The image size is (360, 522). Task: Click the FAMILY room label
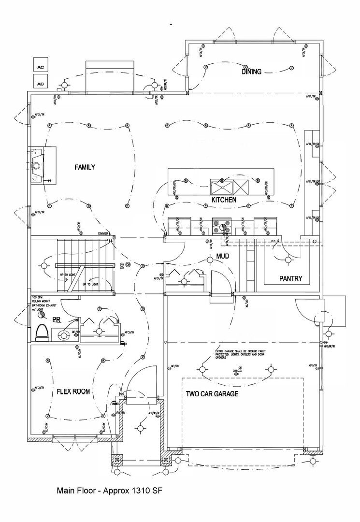point(85,167)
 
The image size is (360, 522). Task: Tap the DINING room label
point(252,72)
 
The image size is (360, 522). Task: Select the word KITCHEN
point(224,200)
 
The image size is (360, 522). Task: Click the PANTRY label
point(290,279)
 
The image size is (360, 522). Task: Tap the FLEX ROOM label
point(73,391)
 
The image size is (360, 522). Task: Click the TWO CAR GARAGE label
point(212,394)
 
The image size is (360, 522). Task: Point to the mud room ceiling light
point(211,260)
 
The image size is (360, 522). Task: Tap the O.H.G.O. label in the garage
point(237,372)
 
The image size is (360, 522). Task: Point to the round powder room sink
point(62,334)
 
